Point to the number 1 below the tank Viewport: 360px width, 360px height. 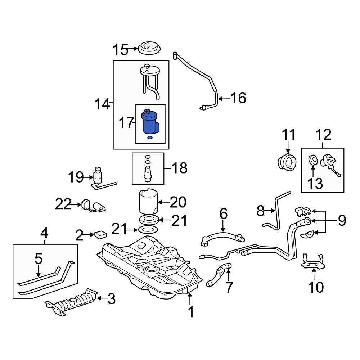pyautogui.click(x=191, y=312)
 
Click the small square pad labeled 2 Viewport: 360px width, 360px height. pyautogui.click(x=100, y=234)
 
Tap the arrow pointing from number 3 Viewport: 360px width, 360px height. pyautogui.click(x=102, y=298)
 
